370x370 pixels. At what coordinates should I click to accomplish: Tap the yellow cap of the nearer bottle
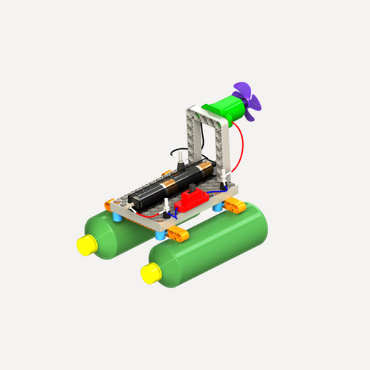click(151, 274)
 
